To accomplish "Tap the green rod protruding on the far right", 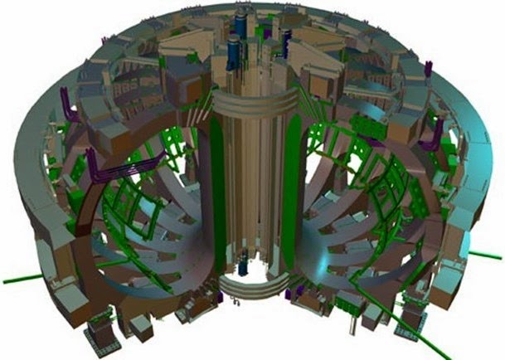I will pyautogui.click(x=484, y=254).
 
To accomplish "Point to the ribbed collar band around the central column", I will pyautogui.click(x=253, y=104).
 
